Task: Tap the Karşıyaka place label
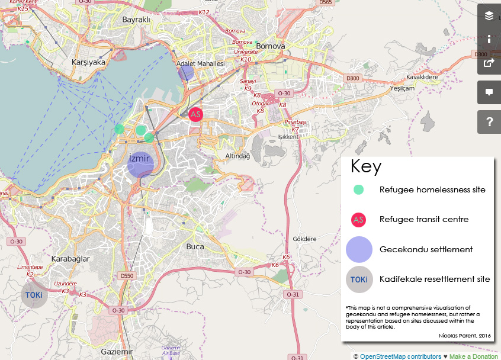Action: click(88, 62)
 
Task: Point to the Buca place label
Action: click(195, 246)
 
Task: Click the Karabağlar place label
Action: click(70, 259)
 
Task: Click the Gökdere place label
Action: click(304, 239)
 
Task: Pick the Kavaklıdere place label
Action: click(422, 77)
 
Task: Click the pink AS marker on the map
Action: click(195, 114)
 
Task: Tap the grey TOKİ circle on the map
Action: click(34, 294)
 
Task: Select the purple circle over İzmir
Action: click(141, 165)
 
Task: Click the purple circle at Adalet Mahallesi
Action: click(187, 73)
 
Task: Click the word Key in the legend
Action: click(366, 166)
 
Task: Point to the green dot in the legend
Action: click(358, 190)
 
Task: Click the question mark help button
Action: click(489, 122)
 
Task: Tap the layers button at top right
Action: click(489, 16)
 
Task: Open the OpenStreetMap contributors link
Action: click(400, 356)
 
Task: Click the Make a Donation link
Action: click(473, 356)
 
